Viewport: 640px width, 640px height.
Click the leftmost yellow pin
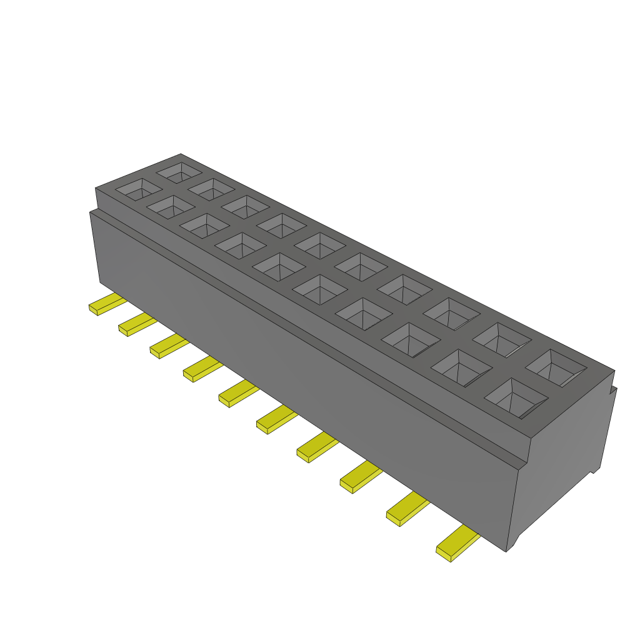pyautogui.click(x=106, y=304)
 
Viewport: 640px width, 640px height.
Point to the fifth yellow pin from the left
pyautogui.click(x=237, y=394)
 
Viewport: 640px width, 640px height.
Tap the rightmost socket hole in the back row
pyautogui.click(x=556, y=367)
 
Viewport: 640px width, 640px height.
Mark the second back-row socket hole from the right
pyautogui.click(x=502, y=339)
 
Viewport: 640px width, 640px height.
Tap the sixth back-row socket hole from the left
pyautogui.click(x=361, y=266)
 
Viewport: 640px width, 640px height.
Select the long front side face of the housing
pyautogui.click(x=300, y=375)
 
